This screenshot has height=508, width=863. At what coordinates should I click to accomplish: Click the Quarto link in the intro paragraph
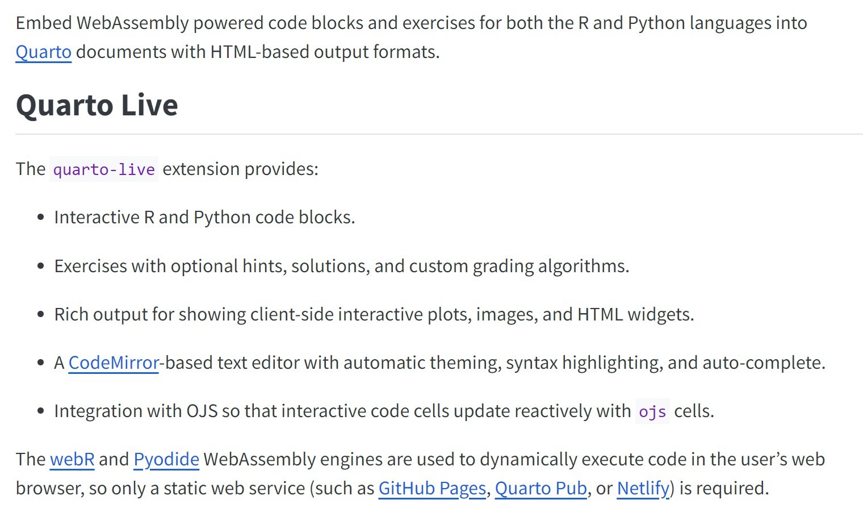(x=43, y=52)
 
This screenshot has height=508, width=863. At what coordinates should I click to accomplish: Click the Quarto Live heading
(x=97, y=105)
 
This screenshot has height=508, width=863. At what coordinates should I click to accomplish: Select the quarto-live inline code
(x=104, y=169)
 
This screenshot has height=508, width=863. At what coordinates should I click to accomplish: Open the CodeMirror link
(x=114, y=363)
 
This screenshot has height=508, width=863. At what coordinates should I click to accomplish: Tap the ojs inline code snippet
(x=652, y=411)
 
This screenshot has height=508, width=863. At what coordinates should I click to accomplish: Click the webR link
(x=72, y=460)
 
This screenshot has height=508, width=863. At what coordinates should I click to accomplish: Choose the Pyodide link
(x=166, y=460)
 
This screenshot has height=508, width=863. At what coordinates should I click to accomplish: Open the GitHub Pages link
(x=432, y=489)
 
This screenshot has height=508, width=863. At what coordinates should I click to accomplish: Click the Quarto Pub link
(x=541, y=489)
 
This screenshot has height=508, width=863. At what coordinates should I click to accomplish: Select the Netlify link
(x=643, y=489)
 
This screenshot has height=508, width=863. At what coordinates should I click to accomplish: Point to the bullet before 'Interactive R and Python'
(x=40, y=218)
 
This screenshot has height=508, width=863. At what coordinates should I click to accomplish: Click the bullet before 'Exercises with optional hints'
(x=40, y=267)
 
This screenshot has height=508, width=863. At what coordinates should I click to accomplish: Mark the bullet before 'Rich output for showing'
(x=40, y=315)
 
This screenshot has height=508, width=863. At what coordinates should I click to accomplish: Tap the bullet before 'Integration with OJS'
(x=40, y=411)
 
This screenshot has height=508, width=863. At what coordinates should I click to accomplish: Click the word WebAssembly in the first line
(x=132, y=23)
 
